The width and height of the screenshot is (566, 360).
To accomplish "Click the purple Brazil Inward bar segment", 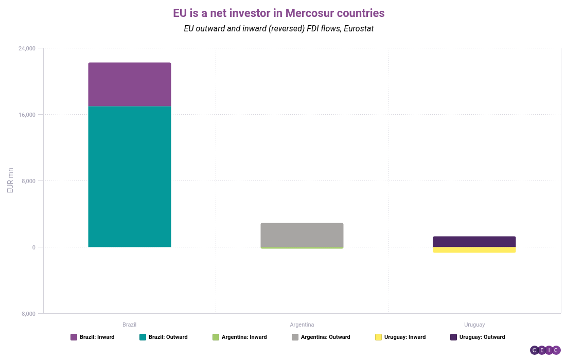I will click(x=129, y=84).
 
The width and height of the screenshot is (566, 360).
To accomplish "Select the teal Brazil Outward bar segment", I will click(x=129, y=176).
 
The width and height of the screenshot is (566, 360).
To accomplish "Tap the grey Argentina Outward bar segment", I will click(x=302, y=235).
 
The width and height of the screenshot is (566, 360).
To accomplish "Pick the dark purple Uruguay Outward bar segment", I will click(x=474, y=242).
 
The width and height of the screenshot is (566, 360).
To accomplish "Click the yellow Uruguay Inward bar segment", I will click(x=474, y=250).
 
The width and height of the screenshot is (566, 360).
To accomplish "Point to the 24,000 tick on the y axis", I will click(x=27, y=48).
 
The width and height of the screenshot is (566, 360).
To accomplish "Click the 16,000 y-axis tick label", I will click(x=27, y=115).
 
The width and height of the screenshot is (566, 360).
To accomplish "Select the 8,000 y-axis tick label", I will click(x=28, y=181).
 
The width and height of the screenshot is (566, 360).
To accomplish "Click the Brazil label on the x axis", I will click(x=129, y=325).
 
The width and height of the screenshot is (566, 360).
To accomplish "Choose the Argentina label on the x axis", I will click(x=302, y=325).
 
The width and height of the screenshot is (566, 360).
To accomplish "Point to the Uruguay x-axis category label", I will click(x=474, y=325).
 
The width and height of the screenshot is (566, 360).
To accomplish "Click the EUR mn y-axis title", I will click(x=10, y=181).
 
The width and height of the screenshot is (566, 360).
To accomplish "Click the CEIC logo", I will click(x=545, y=350).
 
